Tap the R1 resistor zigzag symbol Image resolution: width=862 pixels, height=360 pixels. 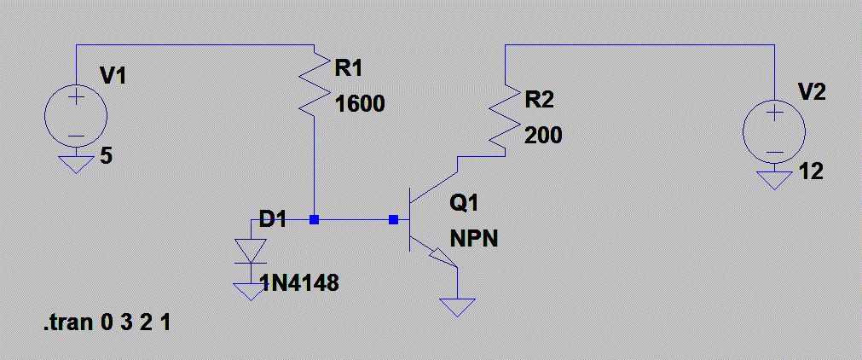[x=315, y=85]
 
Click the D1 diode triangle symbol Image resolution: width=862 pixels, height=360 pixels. [x=251, y=250]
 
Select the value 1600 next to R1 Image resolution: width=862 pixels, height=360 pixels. [x=360, y=105]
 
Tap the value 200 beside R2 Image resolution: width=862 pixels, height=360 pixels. [x=543, y=136]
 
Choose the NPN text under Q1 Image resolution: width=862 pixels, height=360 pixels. [x=473, y=239]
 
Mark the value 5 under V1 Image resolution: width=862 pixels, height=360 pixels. [x=106, y=158]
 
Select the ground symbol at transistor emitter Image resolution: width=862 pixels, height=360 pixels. [x=458, y=306]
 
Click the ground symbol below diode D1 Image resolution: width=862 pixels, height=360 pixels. [x=251, y=291]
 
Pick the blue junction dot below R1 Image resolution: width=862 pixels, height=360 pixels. [x=315, y=220]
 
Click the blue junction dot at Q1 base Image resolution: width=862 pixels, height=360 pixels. [x=393, y=220]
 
